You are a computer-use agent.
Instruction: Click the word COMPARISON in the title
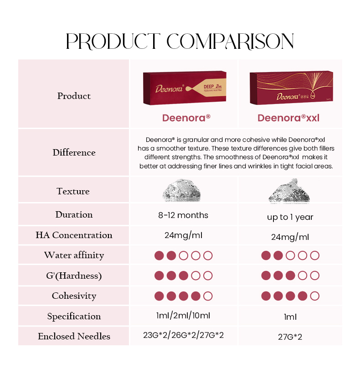tap(230, 41)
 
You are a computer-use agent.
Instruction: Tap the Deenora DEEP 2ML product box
tap(185, 88)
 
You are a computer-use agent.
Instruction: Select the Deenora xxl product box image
tap(291, 88)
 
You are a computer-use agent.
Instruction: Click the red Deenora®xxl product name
tap(288, 118)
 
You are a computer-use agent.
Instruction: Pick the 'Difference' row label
tap(74, 152)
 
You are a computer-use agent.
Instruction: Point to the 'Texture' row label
tap(73, 191)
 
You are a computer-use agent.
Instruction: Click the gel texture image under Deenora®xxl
tap(289, 191)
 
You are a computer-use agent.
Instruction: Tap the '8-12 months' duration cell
tap(183, 215)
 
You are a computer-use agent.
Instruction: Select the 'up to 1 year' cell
tap(290, 217)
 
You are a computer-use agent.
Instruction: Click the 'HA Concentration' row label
tap(74, 235)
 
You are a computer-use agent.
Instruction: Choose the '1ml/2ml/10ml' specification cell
tap(183, 315)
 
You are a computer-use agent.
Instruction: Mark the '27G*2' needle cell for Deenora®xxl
tap(290, 337)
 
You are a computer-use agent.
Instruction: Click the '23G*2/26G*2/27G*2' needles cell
tap(183, 335)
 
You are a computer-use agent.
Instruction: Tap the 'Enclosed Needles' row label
tap(74, 336)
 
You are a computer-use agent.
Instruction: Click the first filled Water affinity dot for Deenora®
tap(159, 255)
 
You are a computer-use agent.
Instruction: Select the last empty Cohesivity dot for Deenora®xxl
tap(314, 296)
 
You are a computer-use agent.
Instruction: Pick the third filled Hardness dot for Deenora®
tap(183, 275)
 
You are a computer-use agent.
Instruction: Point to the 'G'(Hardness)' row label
tap(74, 276)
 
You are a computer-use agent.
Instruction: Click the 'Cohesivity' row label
tap(74, 296)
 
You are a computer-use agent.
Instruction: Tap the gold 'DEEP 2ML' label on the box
tap(212, 87)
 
